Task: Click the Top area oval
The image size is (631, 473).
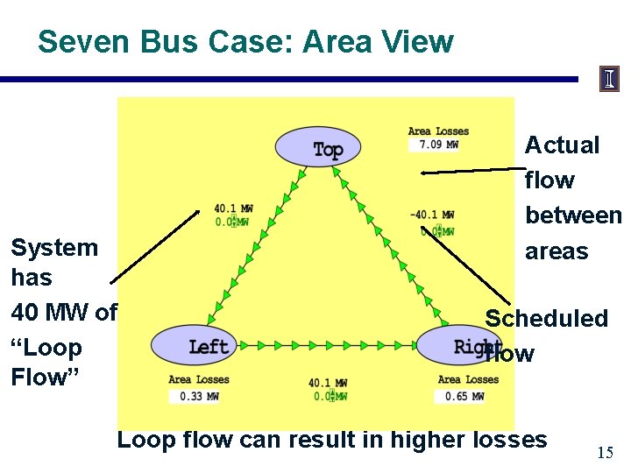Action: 317,147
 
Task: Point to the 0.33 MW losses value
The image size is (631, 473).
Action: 193,396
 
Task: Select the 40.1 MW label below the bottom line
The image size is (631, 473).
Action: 327,383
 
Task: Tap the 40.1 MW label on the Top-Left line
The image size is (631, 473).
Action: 233,208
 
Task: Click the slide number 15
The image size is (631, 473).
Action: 605,452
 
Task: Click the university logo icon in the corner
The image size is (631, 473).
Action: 609,79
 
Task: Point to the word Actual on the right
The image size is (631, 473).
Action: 562,145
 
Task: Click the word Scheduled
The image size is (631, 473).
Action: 547,318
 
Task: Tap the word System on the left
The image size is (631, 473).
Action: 54,247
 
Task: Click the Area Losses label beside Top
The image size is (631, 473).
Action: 438,131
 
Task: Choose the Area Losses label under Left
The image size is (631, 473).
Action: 199,379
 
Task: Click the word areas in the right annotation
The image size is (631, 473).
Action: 557,251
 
